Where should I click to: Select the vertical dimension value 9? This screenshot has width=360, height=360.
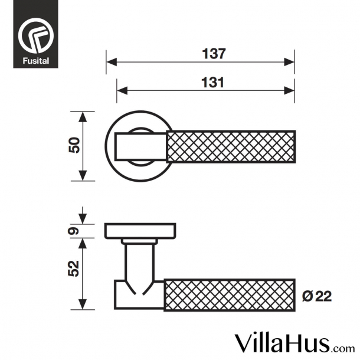pyautogui.click(x=74, y=231)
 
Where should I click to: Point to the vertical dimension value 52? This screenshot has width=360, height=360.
pyautogui.click(x=74, y=269)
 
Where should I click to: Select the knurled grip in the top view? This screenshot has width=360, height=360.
pyautogui.click(x=231, y=146)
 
